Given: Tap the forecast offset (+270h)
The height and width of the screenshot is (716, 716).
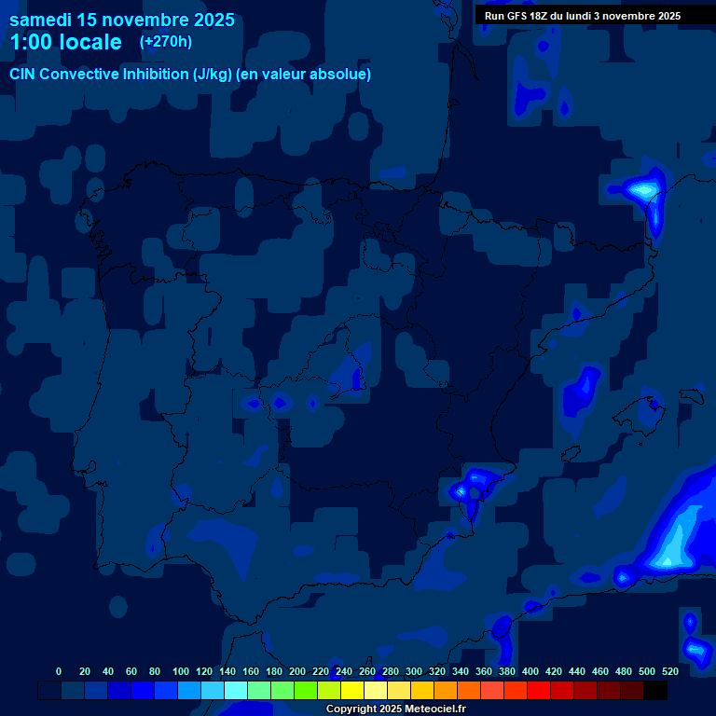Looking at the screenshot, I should coord(166,42).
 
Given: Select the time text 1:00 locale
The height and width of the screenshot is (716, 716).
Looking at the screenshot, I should coord(65,42).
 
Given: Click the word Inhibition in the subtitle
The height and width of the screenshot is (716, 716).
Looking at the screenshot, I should coord(154,74).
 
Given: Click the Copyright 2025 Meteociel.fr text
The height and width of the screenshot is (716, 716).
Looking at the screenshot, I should coord(396,709).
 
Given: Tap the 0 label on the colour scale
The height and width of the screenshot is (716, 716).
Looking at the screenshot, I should coord(59,671).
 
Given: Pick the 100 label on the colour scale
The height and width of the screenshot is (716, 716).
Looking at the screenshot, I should coord(181,671).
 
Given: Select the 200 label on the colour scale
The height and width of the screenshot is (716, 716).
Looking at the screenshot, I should coord(297,671).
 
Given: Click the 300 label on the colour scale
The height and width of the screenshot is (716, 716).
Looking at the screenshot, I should coord(414,671).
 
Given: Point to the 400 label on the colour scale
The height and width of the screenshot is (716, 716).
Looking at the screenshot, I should coord(530,671).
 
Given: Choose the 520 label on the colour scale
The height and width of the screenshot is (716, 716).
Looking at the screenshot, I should coord(669,671).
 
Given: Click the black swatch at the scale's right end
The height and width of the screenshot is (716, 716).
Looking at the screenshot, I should coord(655,691).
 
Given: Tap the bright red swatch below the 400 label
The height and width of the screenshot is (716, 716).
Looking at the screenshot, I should coord(539,691).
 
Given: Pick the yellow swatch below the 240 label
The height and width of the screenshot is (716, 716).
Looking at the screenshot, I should coord(352,691).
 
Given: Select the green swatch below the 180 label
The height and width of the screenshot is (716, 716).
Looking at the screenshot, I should coord(282,691).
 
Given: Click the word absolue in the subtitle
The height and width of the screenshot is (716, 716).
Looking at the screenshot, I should coord(343,74).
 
